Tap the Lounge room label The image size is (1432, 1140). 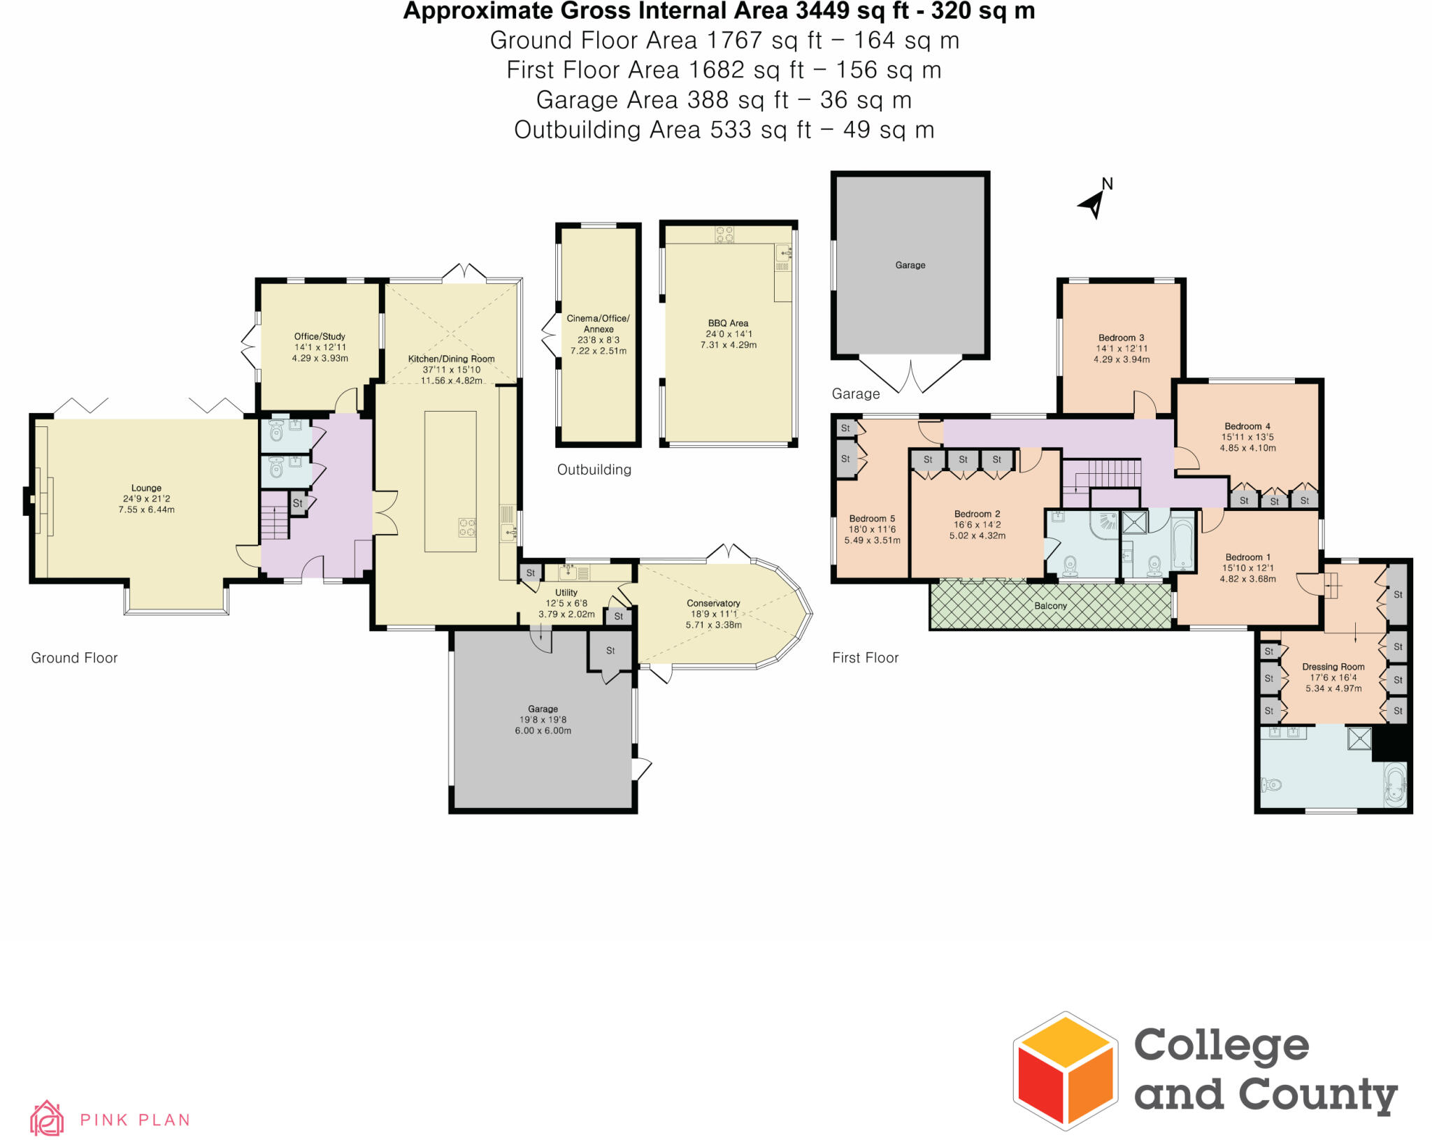[x=146, y=488]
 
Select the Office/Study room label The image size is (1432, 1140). [x=320, y=336]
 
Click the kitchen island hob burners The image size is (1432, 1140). [x=467, y=527]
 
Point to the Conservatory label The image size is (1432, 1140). [x=713, y=603]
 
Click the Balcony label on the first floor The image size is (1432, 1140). [x=1050, y=606]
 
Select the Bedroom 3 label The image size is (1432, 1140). [x=1121, y=338]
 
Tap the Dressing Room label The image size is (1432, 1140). [x=1333, y=667]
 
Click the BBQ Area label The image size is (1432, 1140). [x=728, y=323]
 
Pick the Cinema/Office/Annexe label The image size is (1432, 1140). [x=598, y=324]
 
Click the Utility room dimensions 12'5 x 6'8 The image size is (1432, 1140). [x=566, y=603]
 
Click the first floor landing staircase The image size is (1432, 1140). [x=1102, y=475]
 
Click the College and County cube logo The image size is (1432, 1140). [x=1065, y=1070]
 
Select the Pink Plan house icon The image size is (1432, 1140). [x=47, y=1118]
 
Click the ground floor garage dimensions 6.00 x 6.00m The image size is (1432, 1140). [x=543, y=731]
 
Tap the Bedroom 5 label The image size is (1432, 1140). [x=871, y=519]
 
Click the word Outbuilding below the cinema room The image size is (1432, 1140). [x=594, y=470]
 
